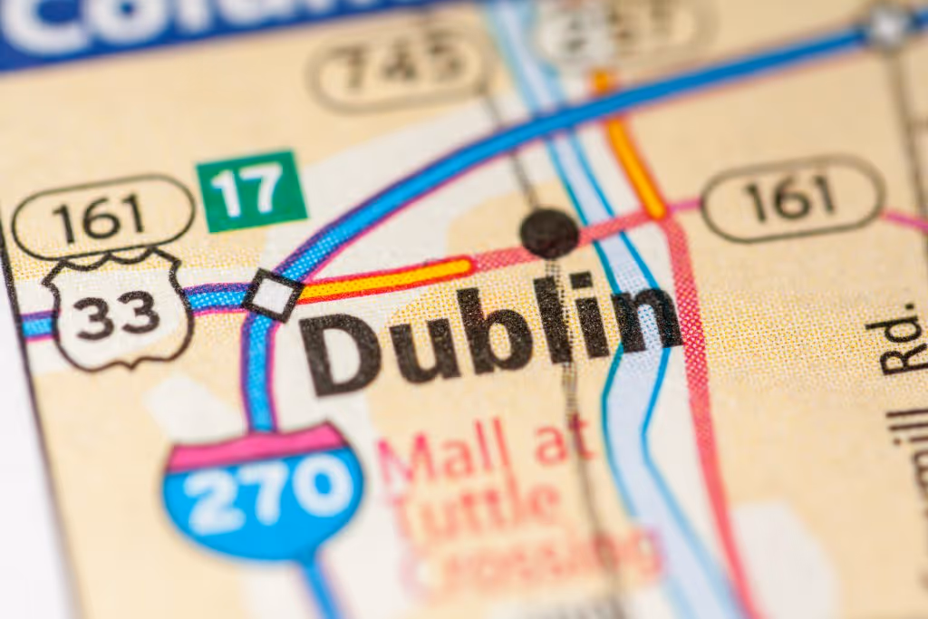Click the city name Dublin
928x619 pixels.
point(489,331)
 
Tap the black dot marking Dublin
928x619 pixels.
point(549,233)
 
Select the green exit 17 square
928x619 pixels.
point(251,190)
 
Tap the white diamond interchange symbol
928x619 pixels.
point(272,294)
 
